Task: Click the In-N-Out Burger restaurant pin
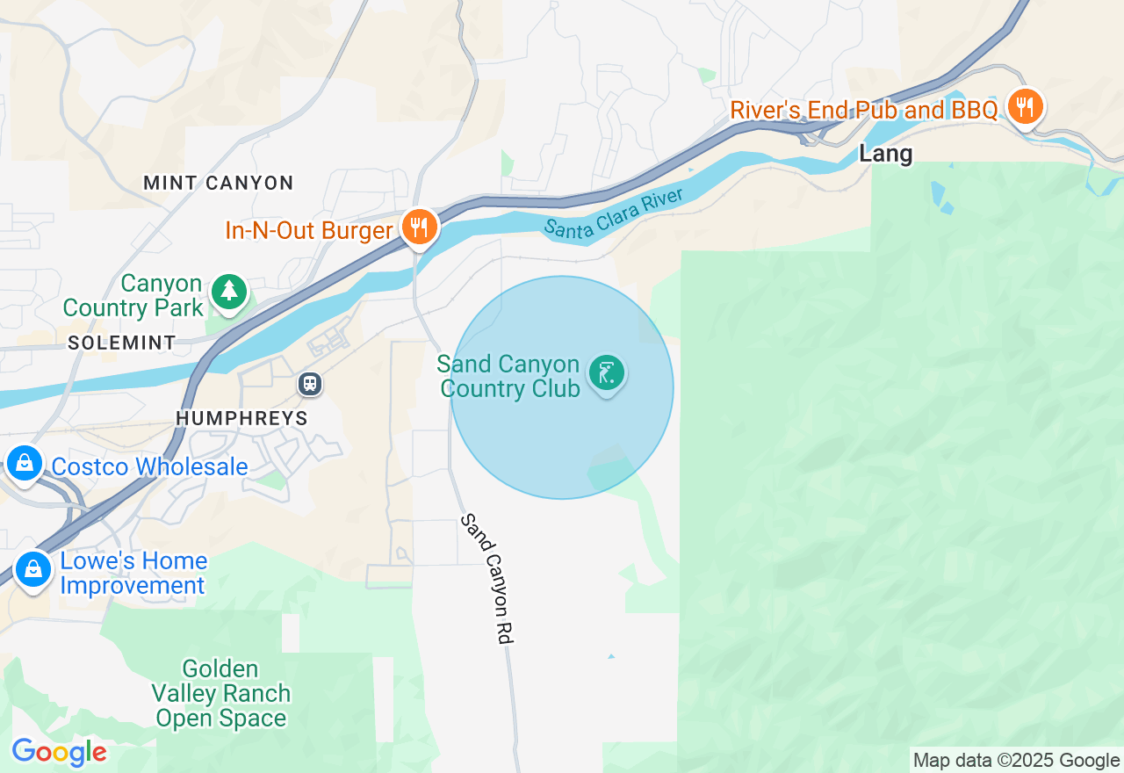pos(421,228)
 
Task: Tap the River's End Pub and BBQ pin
pos(1024,107)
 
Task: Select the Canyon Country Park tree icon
pos(229,291)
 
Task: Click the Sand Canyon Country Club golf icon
pos(607,373)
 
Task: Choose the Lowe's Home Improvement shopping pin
pos(32,569)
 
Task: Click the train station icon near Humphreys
pos(309,384)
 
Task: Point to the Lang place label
pos(886,155)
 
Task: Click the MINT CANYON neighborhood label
pos(218,183)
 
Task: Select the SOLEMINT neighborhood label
pos(122,343)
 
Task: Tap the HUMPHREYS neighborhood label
pos(242,418)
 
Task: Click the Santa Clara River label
pos(614,213)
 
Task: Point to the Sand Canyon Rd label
pos(486,580)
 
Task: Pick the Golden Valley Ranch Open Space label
pos(222,694)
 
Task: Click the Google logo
pos(59,752)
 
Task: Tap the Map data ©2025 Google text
pos(1016,761)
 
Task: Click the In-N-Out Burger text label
pos(308,231)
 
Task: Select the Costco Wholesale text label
pos(149,466)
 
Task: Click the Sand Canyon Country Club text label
pos(509,376)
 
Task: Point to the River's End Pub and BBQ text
pos(864,111)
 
